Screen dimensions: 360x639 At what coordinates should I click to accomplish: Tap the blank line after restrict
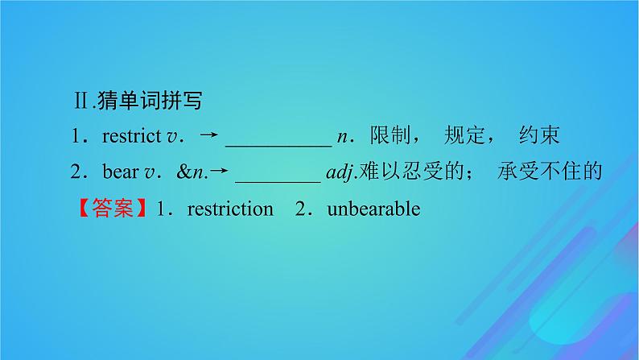click(x=278, y=143)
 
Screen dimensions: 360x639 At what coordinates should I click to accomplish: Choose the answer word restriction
click(x=229, y=209)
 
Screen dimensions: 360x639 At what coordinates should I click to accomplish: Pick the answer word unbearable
click(x=373, y=209)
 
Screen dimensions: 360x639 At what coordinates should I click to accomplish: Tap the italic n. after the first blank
click(x=343, y=138)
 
